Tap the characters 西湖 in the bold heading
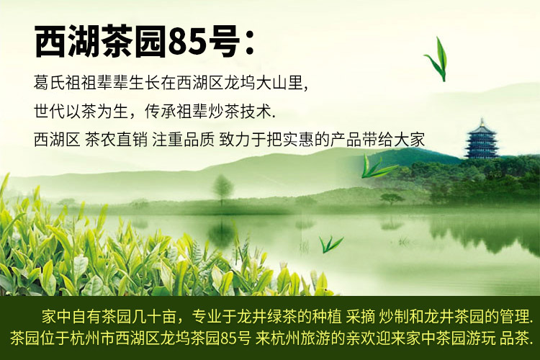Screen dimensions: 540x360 click(x=68, y=42)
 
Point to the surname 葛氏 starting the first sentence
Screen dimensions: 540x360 click(x=49, y=83)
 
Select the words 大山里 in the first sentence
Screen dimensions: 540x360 click(x=279, y=83)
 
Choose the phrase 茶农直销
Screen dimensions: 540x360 click(x=116, y=140)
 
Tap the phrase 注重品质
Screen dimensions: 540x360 click(x=183, y=140)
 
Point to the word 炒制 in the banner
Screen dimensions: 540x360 click(x=394, y=317)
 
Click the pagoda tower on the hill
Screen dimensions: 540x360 click(x=482, y=139)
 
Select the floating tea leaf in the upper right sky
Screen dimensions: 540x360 click(x=437, y=59)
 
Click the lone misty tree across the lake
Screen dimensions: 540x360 click(x=222, y=189)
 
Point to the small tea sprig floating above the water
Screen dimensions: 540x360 click(x=330, y=244)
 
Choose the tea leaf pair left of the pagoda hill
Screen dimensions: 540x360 click(x=377, y=166)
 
